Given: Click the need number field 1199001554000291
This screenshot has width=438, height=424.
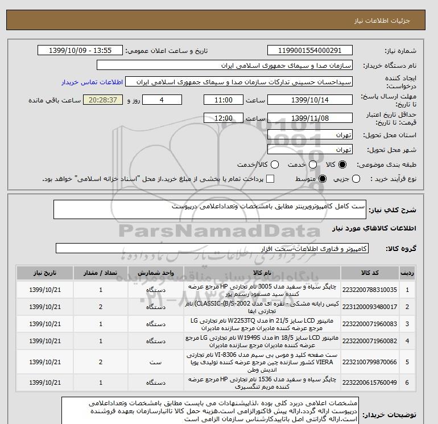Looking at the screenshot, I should coord(309,51).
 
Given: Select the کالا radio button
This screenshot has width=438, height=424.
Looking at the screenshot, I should coord(342,164).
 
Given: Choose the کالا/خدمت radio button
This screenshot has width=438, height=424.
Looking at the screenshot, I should coord(275,164).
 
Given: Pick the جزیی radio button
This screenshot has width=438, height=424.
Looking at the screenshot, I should coord(357,179).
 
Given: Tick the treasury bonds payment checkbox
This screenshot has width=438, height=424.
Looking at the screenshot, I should coord(270,179).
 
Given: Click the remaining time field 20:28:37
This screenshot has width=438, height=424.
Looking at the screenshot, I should coord(103,100).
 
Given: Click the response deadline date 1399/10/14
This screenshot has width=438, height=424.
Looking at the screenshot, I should coord(309,100).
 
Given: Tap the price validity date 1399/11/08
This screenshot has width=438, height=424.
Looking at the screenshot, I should coord(309,118).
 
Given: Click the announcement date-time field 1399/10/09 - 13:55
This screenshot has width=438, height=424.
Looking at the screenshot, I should coord(80,51).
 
